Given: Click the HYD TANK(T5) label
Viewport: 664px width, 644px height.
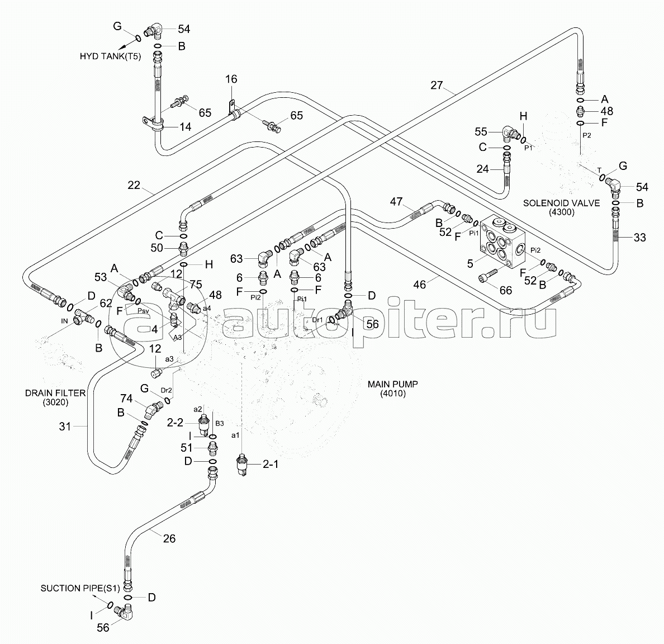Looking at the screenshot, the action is pos(110,56).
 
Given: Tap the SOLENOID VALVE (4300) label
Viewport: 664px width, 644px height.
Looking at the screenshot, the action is pos(562,207).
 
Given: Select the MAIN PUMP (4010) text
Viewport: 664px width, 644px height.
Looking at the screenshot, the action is pos(392,389).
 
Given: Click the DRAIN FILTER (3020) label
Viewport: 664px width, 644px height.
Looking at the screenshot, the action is pos(55,397).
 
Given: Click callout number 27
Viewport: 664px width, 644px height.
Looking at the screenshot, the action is pos(437,85).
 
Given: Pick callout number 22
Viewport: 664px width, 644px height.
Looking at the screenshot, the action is pos(134,185).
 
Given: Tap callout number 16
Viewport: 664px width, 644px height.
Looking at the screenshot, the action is pos(231,79).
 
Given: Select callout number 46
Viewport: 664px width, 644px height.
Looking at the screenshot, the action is pos(419,285).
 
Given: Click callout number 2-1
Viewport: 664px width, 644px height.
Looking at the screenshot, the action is pos(271,465).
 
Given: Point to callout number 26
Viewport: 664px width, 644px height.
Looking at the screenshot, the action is pos(169,538).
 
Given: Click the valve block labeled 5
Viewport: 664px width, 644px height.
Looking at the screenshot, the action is pos(502,241).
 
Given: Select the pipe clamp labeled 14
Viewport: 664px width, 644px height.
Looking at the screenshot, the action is pos(153,124).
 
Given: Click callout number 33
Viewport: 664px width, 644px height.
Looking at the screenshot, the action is pos(639,238).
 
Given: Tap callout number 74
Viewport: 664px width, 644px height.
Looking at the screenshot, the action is pos(126,399).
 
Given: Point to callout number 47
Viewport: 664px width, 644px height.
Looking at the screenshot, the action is pos(396,202).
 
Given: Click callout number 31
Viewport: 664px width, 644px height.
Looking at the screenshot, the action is pos(65,426).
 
